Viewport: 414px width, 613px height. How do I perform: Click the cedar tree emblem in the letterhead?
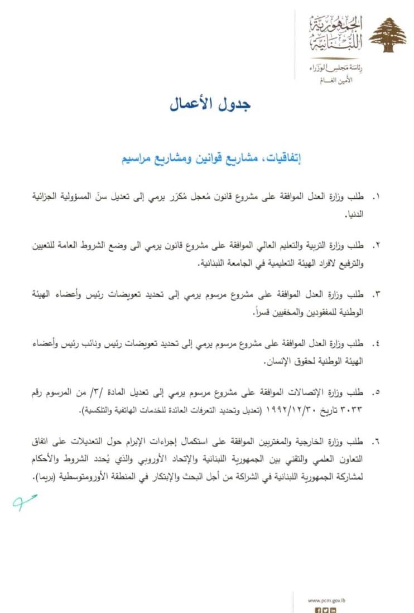pos(388,35)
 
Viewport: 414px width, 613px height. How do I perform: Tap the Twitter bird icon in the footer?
pos(325,610)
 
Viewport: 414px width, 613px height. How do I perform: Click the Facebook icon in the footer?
pos(318,610)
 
